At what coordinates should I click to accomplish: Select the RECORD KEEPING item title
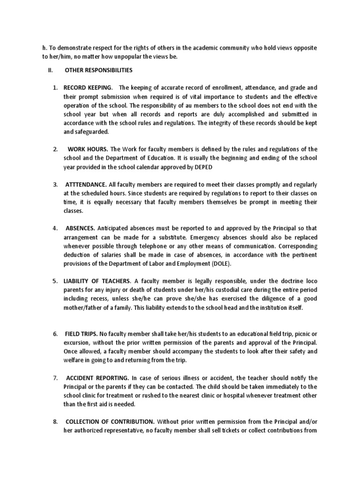click(x=88, y=88)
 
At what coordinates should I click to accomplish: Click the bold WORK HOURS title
click(x=89, y=149)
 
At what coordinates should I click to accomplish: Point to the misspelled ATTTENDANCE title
click(x=89, y=185)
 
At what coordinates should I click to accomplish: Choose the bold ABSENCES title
click(x=80, y=228)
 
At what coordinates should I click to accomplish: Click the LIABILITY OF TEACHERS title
click(x=97, y=281)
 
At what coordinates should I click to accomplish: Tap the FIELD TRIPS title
click(x=82, y=334)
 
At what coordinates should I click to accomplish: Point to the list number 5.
click(x=54, y=281)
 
